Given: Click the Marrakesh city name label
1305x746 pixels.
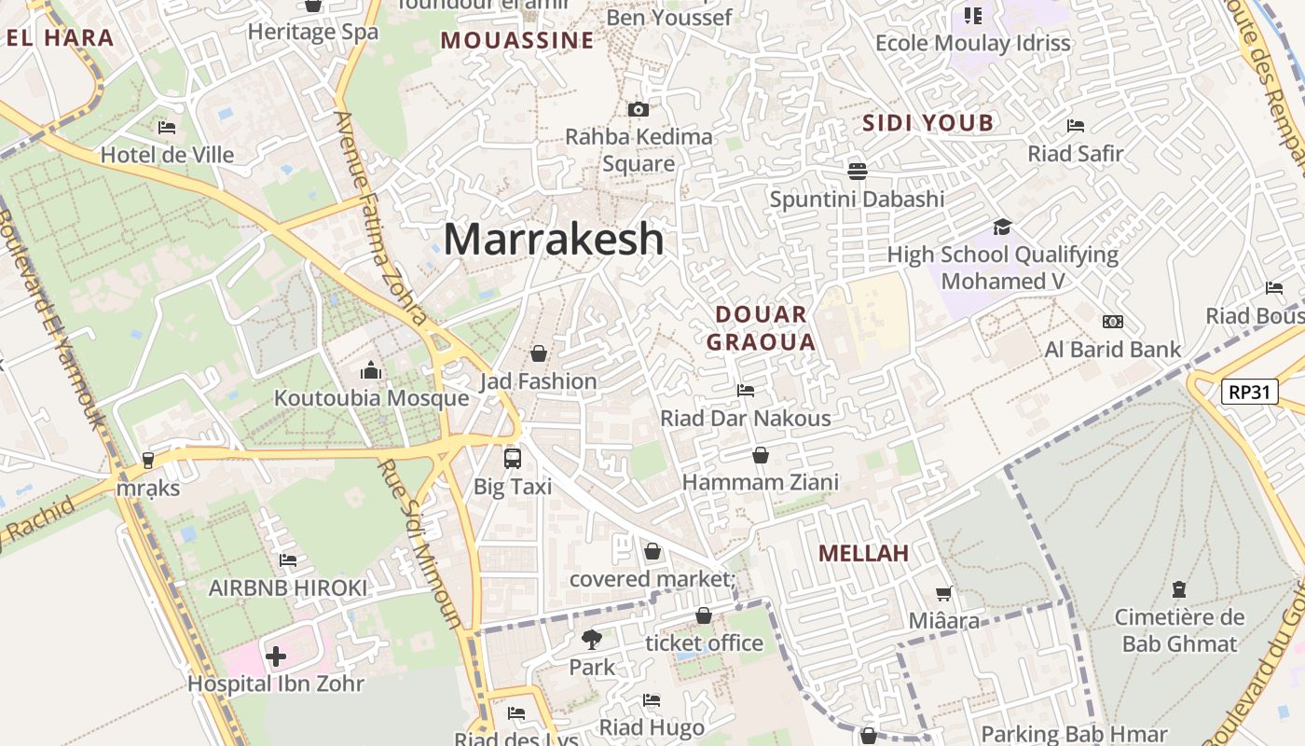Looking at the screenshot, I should point(554,240).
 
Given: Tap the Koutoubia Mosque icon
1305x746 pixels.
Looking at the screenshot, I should point(371,371).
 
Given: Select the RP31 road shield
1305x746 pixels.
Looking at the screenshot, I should point(1249,392).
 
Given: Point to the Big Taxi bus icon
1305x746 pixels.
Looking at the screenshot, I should point(513,459).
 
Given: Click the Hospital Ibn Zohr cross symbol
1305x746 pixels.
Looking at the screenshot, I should point(276,656).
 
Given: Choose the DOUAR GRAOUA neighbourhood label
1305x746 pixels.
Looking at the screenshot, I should point(761,328).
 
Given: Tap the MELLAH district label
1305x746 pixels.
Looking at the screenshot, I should point(863,553).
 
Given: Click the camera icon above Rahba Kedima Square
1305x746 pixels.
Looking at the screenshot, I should point(639,110).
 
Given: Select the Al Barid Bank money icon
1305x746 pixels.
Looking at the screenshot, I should point(1112,322).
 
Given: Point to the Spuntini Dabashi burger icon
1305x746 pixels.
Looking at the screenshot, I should point(858,171).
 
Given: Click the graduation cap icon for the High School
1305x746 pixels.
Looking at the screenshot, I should point(1002,227).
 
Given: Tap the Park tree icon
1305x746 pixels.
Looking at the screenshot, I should point(591,640).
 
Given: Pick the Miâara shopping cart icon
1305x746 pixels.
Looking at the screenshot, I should point(943,593).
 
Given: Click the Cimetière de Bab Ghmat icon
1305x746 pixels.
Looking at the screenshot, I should point(1179,589).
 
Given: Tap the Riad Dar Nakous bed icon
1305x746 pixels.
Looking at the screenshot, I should point(746,391).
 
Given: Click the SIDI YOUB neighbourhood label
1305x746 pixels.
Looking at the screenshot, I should point(927,123).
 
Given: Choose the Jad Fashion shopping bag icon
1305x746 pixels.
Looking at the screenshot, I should point(539,353).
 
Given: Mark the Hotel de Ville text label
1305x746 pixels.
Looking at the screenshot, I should point(168,155).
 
